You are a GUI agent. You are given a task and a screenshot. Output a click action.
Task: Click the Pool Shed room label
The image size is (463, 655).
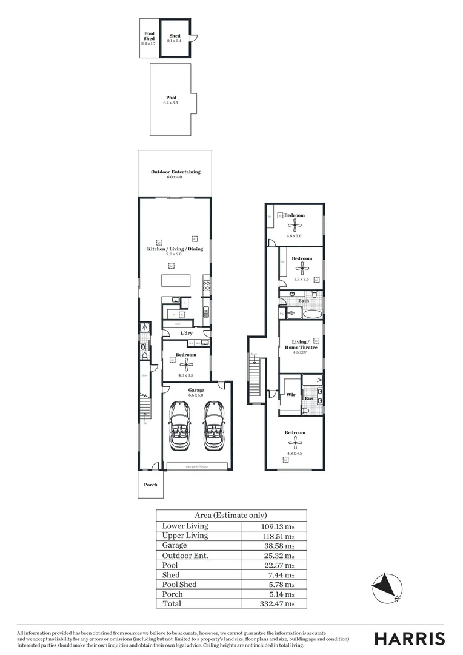coord(149,36)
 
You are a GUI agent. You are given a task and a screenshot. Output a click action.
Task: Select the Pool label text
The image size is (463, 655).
coord(171,98)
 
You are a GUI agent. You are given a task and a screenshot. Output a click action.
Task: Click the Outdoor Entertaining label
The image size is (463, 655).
coord(175,172)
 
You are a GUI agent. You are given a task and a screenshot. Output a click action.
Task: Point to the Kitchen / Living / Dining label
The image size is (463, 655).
coord(175,249)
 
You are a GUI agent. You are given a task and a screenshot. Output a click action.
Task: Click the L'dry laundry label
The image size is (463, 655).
coord(185,334)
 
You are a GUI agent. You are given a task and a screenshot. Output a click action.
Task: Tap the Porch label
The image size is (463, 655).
coord(150,485)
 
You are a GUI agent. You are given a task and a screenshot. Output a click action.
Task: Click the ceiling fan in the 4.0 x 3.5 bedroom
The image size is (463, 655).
coord(187,364)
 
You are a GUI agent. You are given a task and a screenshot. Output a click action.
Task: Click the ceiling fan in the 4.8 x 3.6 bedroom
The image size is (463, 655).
coord(295,226)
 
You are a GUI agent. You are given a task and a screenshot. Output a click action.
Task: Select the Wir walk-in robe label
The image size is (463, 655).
coord(290,394)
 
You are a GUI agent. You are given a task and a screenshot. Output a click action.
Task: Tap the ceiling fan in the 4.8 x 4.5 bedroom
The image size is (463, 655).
coord(295,444)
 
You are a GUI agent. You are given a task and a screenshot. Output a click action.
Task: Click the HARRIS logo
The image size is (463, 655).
coord(409,638)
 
